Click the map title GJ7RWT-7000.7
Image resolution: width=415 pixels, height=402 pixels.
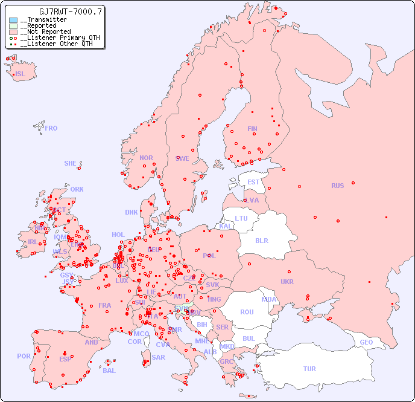[x=71, y=11]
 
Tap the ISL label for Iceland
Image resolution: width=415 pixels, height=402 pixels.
[x=21, y=74]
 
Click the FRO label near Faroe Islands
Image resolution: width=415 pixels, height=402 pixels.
[x=51, y=128]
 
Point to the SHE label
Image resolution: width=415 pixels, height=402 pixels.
[x=71, y=163]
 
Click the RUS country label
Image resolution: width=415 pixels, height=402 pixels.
[x=337, y=186]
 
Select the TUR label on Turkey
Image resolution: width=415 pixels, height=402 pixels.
[x=309, y=369]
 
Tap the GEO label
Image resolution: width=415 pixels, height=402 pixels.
[x=366, y=342]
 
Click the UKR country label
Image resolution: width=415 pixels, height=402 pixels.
[x=287, y=282]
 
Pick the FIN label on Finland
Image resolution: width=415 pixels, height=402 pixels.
[x=252, y=129]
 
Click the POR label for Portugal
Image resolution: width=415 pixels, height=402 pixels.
[x=24, y=356]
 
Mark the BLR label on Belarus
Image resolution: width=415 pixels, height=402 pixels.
[x=261, y=240]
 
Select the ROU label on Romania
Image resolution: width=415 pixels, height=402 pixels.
[x=247, y=312]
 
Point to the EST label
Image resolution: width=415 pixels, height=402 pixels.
[x=253, y=182]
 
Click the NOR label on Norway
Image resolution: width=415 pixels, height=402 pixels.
[x=146, y=158]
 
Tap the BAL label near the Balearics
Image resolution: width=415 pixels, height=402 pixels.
[x=109, y=371]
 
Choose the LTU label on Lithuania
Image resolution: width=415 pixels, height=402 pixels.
[x=241, y=218]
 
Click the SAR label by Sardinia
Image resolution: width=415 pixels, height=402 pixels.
[x=158, y=357]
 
